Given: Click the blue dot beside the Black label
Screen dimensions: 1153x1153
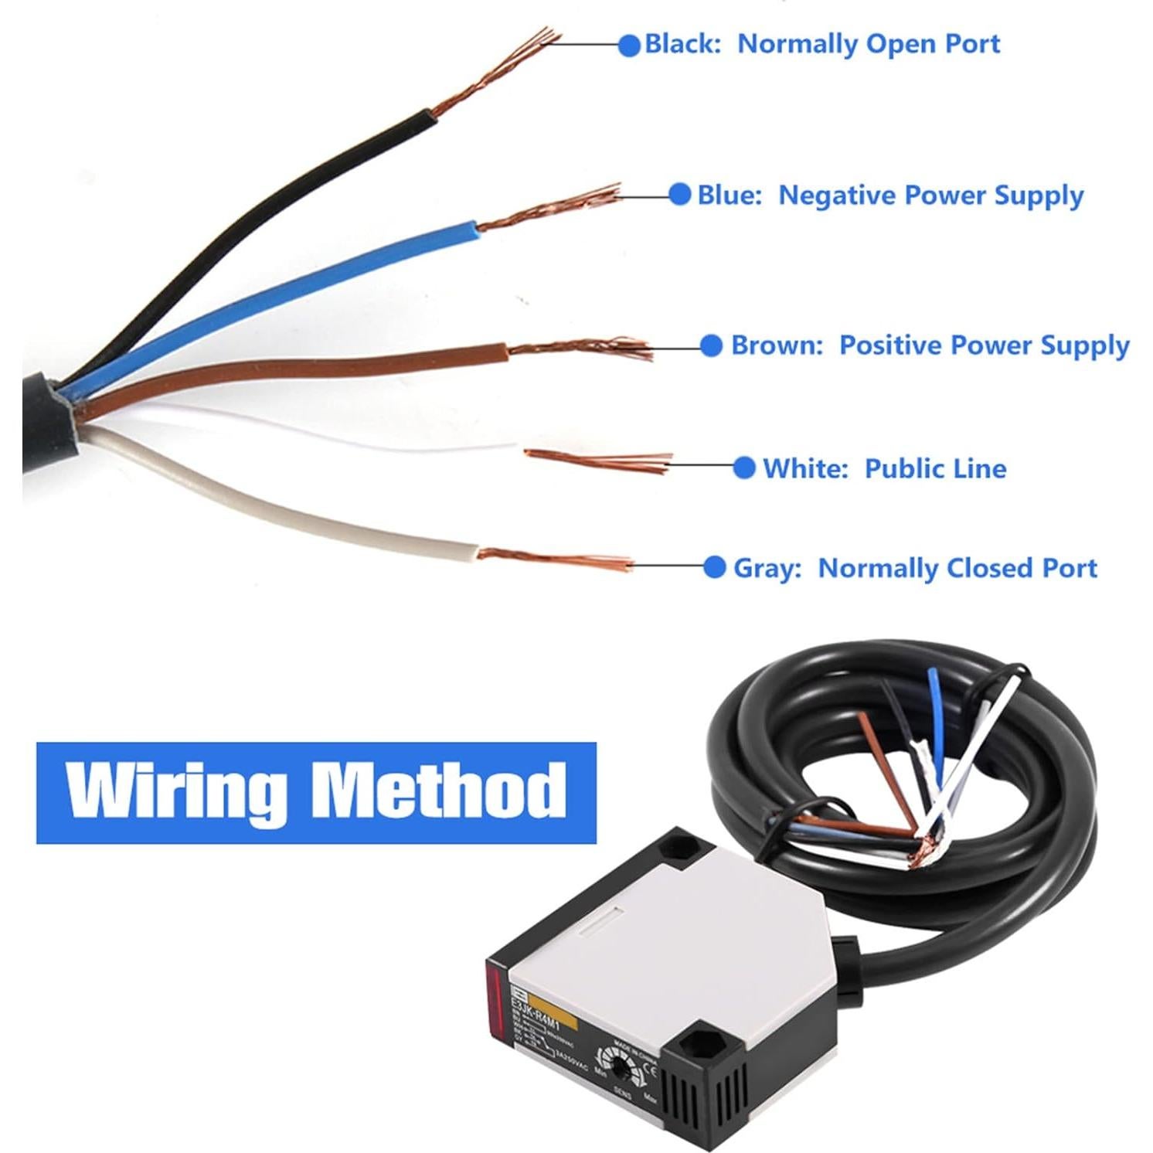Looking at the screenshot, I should point(630,45).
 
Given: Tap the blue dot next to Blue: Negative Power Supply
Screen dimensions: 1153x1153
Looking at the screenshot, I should point(679,194).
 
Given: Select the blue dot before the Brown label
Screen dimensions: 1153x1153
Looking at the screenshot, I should point(711,345).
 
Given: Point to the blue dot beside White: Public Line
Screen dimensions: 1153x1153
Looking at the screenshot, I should point(743,468).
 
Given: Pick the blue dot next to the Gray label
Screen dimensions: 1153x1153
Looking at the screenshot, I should point(715,567).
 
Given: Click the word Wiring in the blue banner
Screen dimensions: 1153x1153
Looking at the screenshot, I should point(174,791).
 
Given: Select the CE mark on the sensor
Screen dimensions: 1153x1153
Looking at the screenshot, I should point(649,1071).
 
